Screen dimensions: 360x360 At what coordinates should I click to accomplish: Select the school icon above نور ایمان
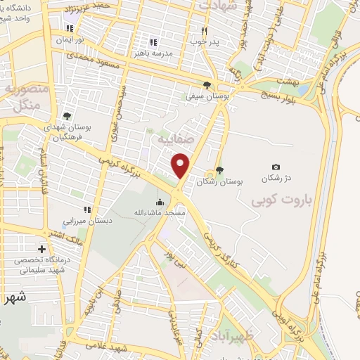(69, 29)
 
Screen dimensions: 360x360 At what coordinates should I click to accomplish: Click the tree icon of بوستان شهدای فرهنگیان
(67, 116)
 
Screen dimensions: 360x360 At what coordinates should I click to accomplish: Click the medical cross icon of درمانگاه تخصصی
(42, 249)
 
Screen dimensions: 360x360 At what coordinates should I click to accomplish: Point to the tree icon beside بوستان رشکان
(219, 169)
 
